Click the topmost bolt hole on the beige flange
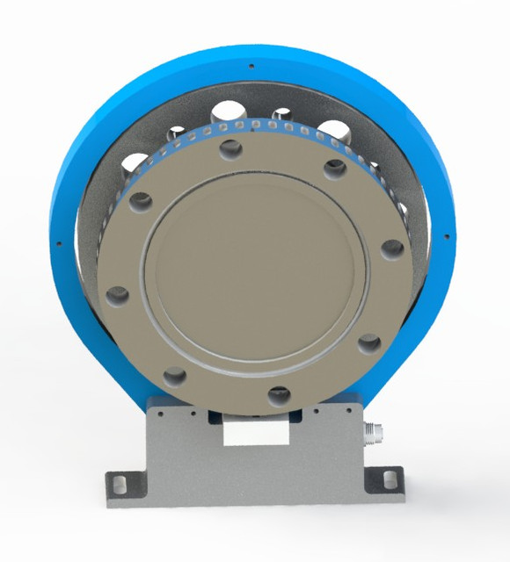coord(231,149)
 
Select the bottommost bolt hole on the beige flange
coord(279,396)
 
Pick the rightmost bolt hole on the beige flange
coord(392,249)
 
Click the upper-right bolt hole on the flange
coord(335,169)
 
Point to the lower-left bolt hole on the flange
coord(175,376)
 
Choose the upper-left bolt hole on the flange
coord(141,202)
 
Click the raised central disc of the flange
coord(255,272)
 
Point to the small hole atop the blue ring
coord(251,66)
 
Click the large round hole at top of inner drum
coord(230,114)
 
